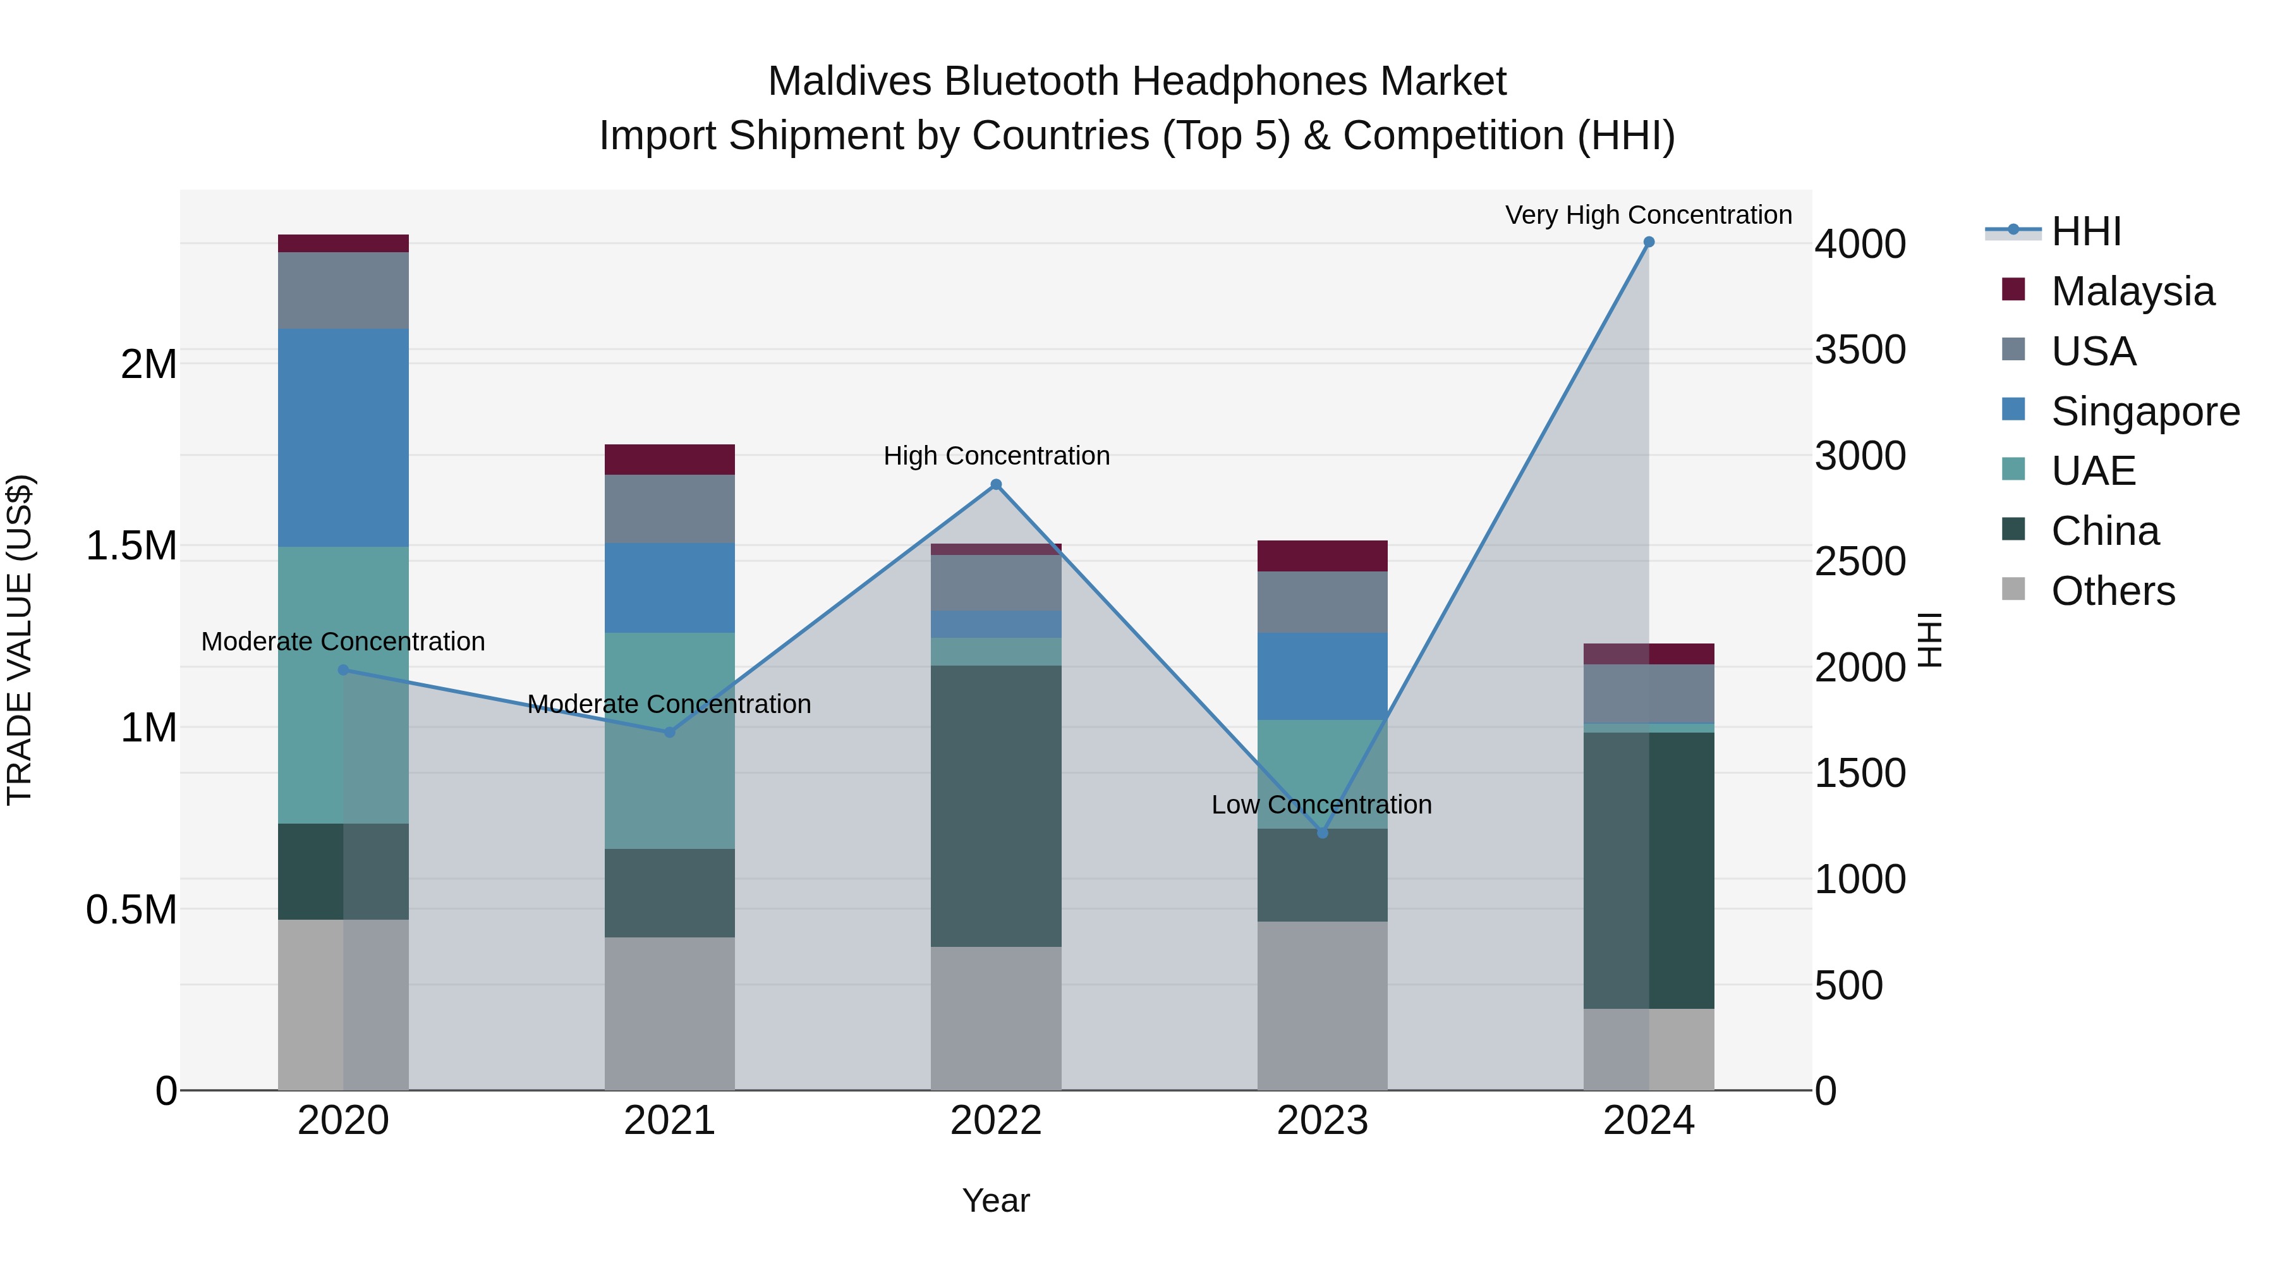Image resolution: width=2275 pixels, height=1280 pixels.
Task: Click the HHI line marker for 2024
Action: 1648,242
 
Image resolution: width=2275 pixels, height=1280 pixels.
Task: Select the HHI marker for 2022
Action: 995,484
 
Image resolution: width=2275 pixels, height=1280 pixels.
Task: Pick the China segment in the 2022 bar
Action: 995,806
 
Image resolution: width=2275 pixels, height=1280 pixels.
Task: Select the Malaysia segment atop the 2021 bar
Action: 669,460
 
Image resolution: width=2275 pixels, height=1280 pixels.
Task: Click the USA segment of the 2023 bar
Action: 1322,602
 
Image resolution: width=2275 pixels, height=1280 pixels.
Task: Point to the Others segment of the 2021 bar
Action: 669,1013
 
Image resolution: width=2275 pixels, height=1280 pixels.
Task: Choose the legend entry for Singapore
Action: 2144,411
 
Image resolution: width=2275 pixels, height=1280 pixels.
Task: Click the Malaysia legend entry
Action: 2132,291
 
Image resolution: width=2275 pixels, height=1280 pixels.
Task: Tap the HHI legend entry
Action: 2085,231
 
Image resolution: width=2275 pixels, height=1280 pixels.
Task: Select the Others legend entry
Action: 2113,591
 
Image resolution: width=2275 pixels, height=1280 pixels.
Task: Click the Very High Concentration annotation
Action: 1648,215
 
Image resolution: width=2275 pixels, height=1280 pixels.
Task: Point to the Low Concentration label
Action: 1321,805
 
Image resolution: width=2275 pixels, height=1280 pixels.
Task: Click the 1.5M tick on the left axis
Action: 131,546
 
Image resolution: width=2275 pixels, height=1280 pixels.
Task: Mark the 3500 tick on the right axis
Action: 1860,350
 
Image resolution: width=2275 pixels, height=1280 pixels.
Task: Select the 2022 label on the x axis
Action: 995,1121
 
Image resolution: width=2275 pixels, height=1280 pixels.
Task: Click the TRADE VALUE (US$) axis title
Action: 20,640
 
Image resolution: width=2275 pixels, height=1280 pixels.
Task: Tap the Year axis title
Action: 995,1200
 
